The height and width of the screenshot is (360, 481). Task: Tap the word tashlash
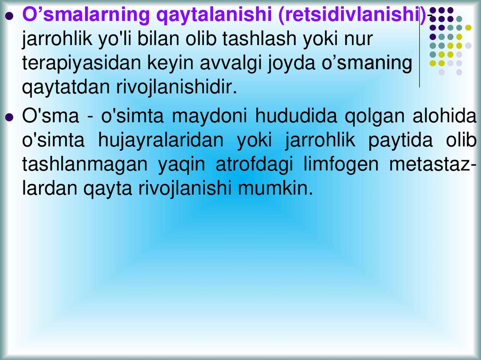pyautogui.click(x=259, y=38)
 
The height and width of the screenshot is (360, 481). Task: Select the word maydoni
pyautogui.click(x=209, y=116)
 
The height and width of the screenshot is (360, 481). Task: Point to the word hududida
pyautogui.click(x=296, y=115)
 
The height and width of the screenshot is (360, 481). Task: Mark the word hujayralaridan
pyautogui.click(x=161, y=141)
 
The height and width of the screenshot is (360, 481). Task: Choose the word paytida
pyautogui.click(x=400, y=141)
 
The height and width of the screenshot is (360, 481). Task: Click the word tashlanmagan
pyautogui.click(x=85, y=165)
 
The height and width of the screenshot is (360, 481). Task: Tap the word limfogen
pyautogui.click(x=341, y=165)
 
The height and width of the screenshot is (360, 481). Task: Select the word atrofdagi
pyautogui.click(x=254, y=165)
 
